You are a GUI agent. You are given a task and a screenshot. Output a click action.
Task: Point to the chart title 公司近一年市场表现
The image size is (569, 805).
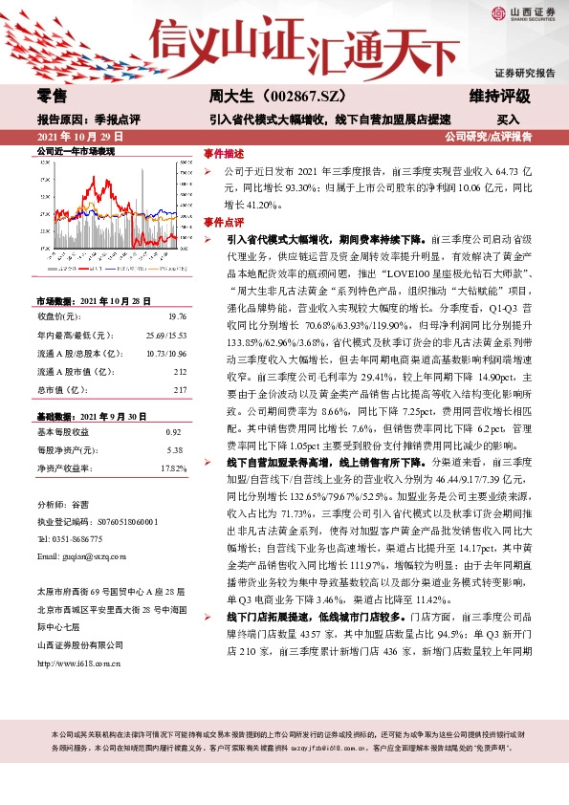pyautogui.click(x=76, y=151)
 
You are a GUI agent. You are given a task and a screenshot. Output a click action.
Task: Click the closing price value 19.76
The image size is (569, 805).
pyautogui.click(x=176, y=315)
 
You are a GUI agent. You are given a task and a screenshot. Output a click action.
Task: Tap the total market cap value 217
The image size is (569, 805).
pyautogui.click(x=180, y=389)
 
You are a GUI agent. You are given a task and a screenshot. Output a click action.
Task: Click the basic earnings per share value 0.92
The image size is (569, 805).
pyautogui.click(x=175, y=433)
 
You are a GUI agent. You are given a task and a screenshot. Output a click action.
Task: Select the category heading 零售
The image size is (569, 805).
pyautogui.click(x=52, y=97)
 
